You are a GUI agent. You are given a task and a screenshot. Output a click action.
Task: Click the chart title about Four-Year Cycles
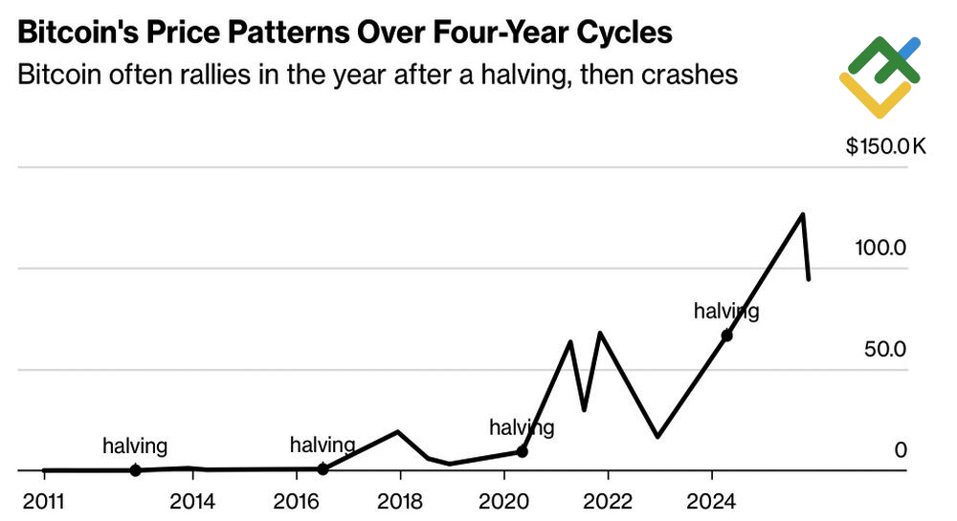[x=345, y=33]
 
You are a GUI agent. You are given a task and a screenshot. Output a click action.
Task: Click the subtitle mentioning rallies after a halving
[x=378, y=74]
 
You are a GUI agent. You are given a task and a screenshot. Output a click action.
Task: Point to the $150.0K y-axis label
[x=886, y=147]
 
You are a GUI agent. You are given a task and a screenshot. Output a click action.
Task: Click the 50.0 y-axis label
[x=884, y=349]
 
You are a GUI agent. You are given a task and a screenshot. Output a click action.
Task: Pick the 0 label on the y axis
[x=900, y=449]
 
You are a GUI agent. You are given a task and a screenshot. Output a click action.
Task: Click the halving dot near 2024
[x=726, y=336]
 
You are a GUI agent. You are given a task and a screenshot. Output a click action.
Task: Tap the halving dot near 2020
[x=522, y=451]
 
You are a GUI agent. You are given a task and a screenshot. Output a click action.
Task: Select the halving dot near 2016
[x=323, y=469]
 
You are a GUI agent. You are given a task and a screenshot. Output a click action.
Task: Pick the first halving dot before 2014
[x=135, y=470]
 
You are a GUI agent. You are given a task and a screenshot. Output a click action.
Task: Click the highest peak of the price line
[x=802, y=214]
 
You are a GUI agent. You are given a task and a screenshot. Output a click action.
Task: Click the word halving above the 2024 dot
[x=726, y=311]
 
